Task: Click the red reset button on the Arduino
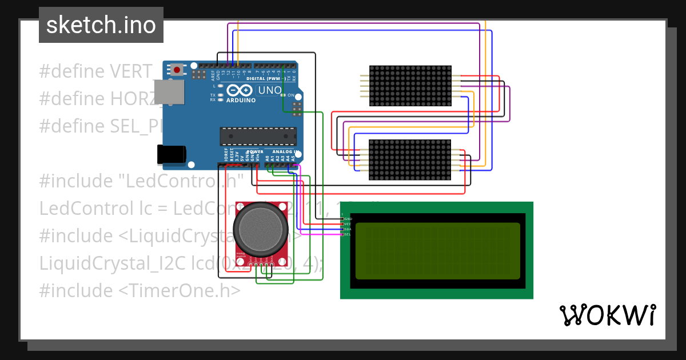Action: pos(177,70)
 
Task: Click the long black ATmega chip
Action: pos(258,137)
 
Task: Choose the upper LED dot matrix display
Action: pos(410,86)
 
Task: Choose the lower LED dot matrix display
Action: pos(410,160)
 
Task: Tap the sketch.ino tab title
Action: pos(101,25)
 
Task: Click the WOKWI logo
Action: pos(607,315)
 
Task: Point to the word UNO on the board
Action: pos(270,90)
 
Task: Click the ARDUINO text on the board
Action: pos(241,100)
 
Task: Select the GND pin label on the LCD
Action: pos(348,219)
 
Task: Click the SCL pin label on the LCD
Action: pos(347,234)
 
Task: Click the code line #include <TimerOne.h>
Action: pos(139,290)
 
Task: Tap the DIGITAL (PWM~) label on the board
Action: pos(266,78)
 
